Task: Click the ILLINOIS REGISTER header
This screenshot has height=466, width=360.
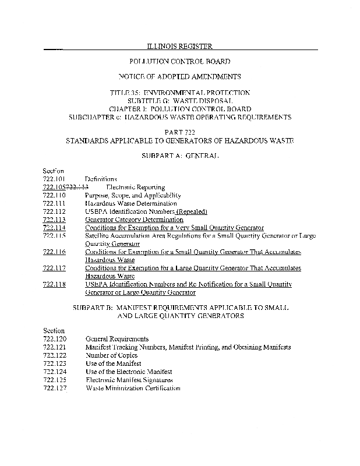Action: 179,46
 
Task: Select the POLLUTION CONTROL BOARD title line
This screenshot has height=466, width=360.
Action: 179,61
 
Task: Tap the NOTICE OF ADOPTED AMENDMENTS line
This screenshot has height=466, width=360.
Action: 179,76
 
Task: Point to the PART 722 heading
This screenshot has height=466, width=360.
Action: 179,133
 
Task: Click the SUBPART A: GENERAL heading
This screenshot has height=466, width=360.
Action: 179,157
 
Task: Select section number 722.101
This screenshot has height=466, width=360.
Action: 54,178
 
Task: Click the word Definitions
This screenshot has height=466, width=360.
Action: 101,178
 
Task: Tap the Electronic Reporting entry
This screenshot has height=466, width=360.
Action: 135,187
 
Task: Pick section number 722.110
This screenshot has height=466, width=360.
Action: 54,195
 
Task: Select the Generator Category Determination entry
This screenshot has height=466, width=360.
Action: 134,220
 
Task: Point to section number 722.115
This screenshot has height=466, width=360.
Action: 54,235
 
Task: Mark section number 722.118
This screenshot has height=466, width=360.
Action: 54,284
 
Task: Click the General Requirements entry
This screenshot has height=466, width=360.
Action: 117,338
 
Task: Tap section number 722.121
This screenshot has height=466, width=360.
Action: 54,347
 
